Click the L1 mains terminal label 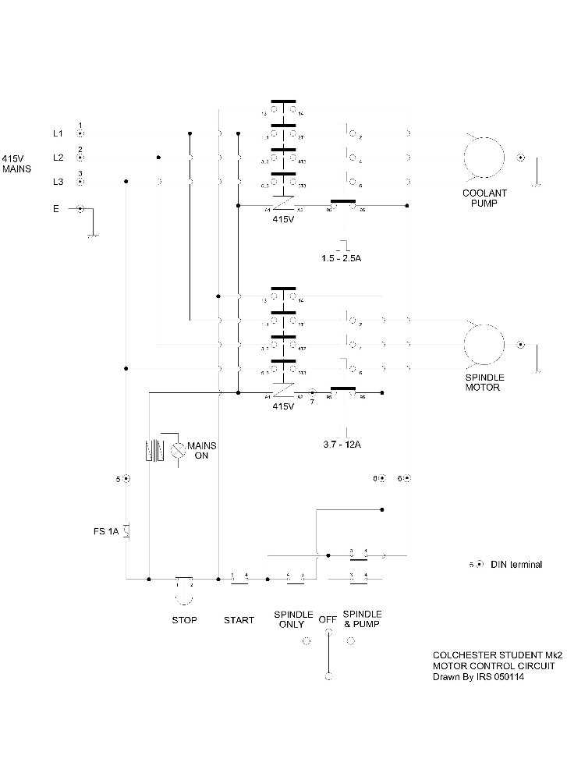coord(58,133)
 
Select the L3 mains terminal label coord(58,182)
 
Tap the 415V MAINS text coord(17,162)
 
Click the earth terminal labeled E coord(80,209)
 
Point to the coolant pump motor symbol coord(484,158)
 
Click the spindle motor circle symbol coord(485,344)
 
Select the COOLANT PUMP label coord(484,198)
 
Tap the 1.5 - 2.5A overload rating coord(342,257)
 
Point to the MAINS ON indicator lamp coord(179,448)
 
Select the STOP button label coord(184,620)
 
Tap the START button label coord(239,620)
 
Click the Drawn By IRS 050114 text coord(478,677)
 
